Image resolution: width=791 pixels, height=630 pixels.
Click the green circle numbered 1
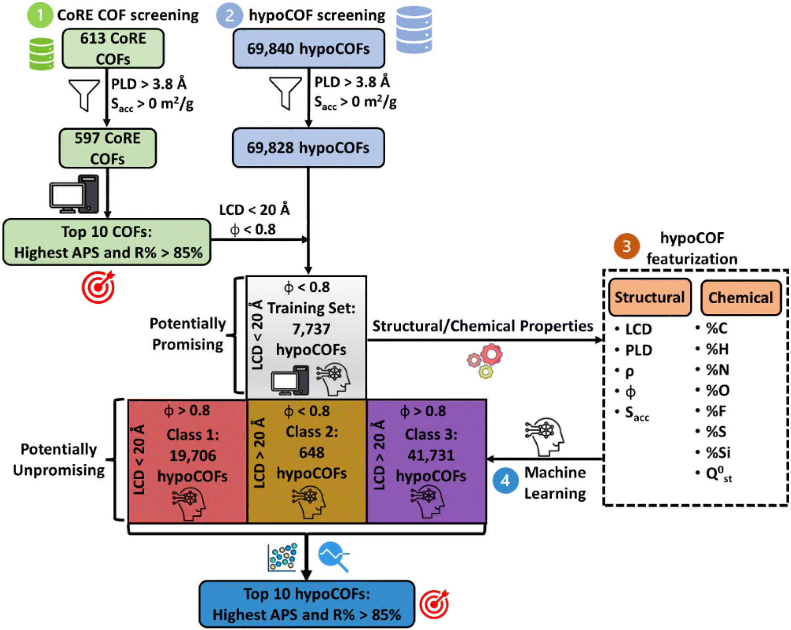click(x=40, y=15)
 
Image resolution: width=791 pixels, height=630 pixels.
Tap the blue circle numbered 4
click(x=505, y=481)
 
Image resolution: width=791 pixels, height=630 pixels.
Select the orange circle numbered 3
click(x=626, y=246)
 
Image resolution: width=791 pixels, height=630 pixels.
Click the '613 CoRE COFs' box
click(x=113, y=49)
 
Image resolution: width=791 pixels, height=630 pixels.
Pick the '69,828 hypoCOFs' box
click(x=308, y=148)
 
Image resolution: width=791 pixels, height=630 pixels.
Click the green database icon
click(x=42, y=54)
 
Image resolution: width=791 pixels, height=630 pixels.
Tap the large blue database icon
click(x=414, y=30)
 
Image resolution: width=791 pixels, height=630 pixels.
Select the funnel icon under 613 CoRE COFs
click(x=84, y=94)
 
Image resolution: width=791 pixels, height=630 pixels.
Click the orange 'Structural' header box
click(x=649, y=297)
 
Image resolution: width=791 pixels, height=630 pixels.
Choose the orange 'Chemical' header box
click(x=741, y=297)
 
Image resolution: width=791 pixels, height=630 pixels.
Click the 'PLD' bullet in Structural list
click(x=638, y=350)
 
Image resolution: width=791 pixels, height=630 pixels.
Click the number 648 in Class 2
click(x=312, y=453)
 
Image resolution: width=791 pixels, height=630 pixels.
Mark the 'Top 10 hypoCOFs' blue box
click(x=307, y=604)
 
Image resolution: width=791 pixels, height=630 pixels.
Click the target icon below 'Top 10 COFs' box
click(x=99, y=287)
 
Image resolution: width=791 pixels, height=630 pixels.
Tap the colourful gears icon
click(x=485, y=360)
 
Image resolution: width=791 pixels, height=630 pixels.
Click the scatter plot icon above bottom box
click(x=282, y=557)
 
